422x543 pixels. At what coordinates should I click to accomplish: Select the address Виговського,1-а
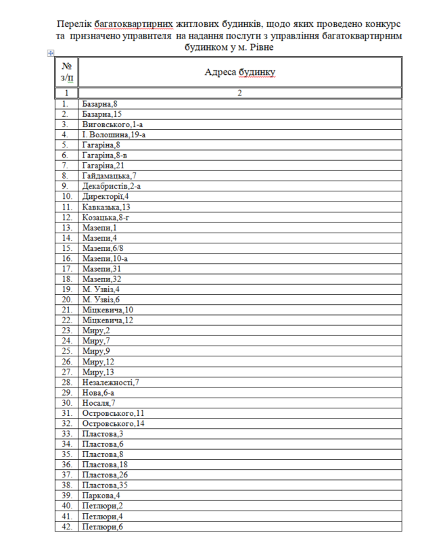(x=112, y=124)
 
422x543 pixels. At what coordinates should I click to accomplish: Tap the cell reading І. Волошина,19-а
(x=114, y=135)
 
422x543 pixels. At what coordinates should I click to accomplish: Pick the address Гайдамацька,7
(x=109, y=175)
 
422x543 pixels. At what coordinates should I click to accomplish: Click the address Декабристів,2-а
(x=112, y=185)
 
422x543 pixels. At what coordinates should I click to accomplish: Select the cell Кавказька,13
(x=106, y=206)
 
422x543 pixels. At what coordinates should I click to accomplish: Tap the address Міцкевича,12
(x=108, y=319)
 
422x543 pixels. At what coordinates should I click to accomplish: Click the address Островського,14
(x=113, y=423)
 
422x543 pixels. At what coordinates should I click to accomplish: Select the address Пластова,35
(x=105, y=484)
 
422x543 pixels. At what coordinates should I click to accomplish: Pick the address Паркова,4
(x=101, y=494)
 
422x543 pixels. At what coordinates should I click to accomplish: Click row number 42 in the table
(x=66, y=525)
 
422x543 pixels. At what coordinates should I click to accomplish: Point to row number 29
(x=66, y=392)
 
